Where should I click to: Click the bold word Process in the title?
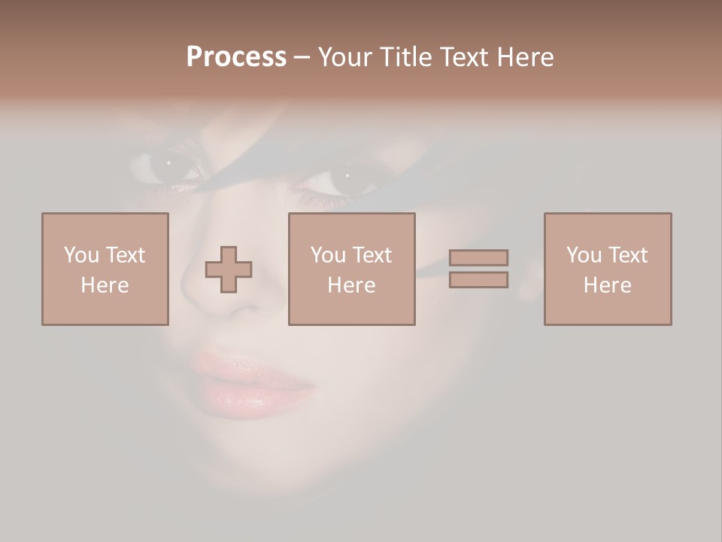[x=236, y=57]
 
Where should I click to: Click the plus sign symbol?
[x=229, y=269]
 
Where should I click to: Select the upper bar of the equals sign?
[x=479, y=257]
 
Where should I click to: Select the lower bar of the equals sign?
[x=479, y=279]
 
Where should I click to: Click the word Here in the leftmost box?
[x=105, y=285]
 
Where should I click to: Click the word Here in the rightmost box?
[x=607, y=285]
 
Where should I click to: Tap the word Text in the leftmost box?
[x=125, y=255]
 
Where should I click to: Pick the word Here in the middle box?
[x=351, y=285]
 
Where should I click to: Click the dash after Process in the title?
[x=302, y=57]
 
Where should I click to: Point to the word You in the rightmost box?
[x=584, y=255]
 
